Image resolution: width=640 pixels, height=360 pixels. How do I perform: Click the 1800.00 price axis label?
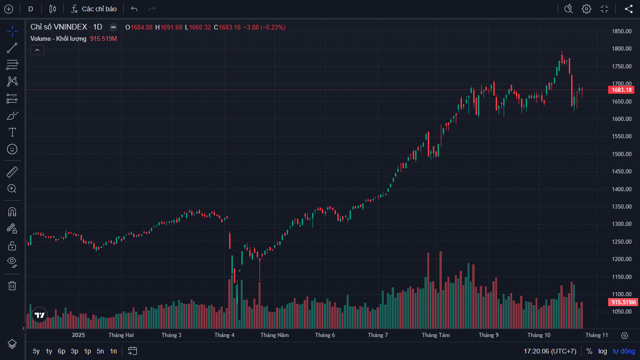(621, 49)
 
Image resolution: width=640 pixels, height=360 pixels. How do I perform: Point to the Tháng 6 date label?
(325, 335)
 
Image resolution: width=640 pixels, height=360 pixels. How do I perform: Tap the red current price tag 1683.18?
(621, 90)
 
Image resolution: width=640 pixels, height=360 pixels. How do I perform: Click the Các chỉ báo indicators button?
(94, 9)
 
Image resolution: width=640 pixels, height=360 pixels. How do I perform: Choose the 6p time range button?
(61, 351)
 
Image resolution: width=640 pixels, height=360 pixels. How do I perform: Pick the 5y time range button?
(36, 351)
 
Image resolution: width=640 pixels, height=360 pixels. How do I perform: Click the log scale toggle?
(603, 351)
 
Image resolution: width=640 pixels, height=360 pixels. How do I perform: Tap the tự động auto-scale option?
(624, 351)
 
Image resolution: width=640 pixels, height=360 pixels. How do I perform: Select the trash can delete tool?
(12, 285)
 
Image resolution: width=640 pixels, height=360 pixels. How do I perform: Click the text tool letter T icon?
(12, 132)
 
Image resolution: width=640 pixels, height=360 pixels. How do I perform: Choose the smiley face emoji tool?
(12, 149)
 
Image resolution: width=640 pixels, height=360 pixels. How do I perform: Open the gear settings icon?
(587, 9)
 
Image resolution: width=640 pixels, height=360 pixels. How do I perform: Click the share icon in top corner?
(629, 9)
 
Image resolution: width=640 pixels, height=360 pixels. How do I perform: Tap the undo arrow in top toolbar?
(134, 9)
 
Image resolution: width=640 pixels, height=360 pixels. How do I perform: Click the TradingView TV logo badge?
(40, 315)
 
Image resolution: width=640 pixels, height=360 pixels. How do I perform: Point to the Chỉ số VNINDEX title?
(66, 27)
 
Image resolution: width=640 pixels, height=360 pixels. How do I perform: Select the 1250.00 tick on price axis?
(621, 242)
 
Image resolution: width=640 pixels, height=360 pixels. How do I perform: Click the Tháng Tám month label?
(436, 335)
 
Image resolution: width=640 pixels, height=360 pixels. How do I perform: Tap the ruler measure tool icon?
(12, 172)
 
